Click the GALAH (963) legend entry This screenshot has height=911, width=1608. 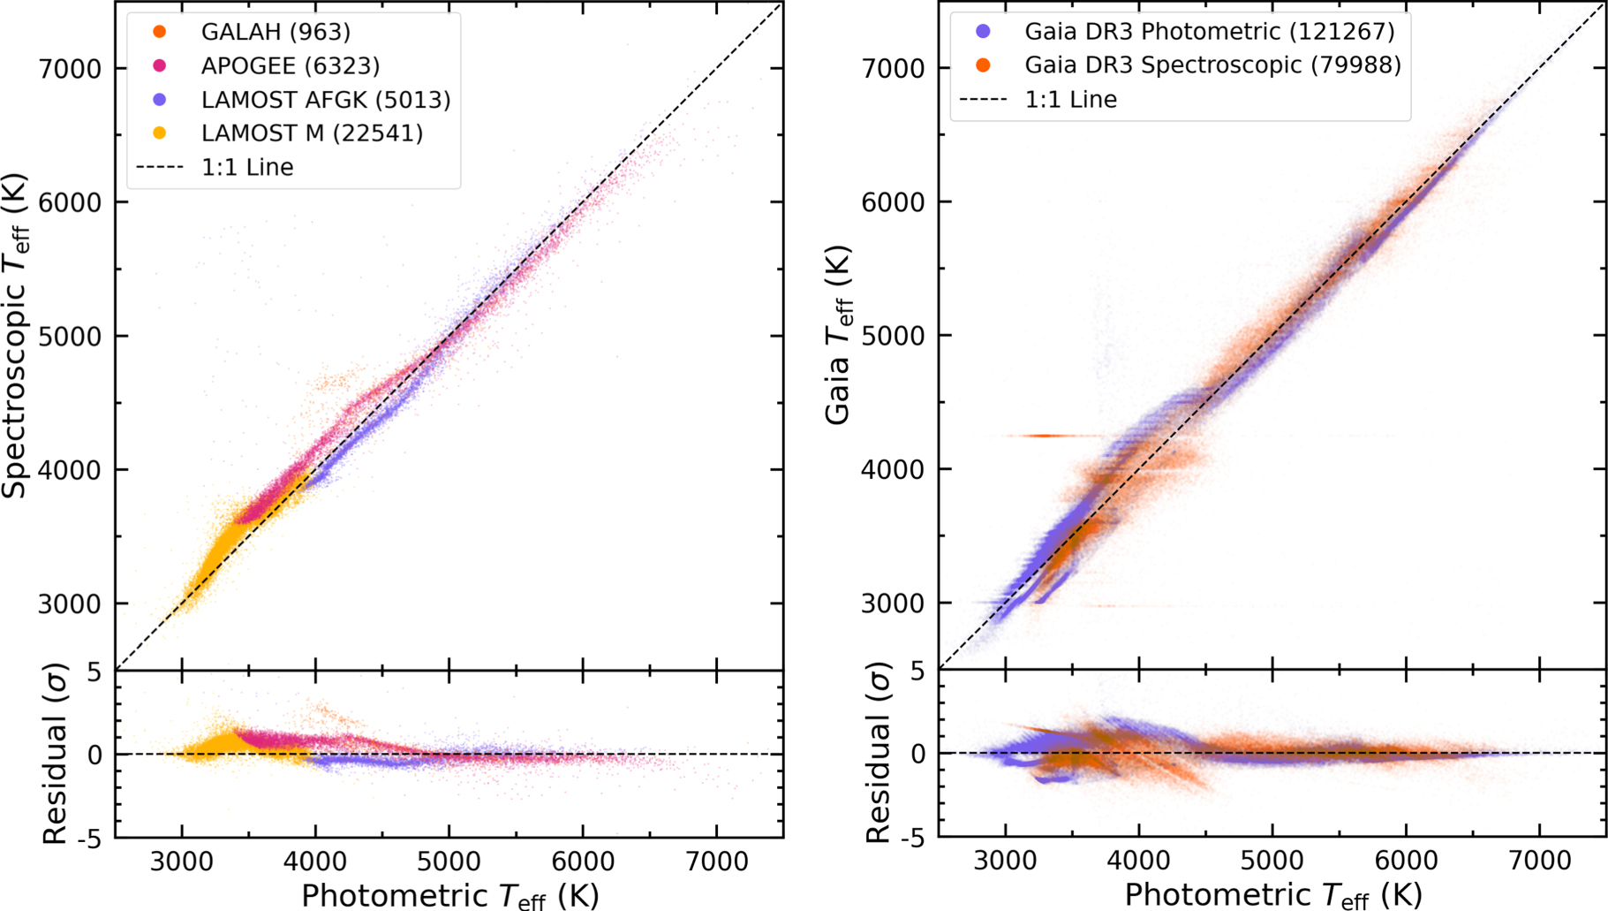coord(275,32)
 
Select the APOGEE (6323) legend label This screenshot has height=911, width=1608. coord(290,65)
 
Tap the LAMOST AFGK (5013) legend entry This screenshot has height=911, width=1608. coord(325,99)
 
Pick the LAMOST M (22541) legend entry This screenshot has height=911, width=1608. coord(311,133)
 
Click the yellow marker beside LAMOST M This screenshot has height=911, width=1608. coord(160,133)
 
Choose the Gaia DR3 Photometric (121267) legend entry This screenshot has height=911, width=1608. coord(1209,32)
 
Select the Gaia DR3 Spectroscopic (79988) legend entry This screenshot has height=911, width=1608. coord(1212,65)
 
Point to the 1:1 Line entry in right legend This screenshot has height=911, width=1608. coord(1070,99)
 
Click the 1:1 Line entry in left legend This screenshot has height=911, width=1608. coord(246,167)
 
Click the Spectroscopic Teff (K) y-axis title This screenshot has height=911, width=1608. coord(16,336)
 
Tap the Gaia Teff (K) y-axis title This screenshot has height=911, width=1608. coord(839,336)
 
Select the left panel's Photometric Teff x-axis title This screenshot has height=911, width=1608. coord(449,895)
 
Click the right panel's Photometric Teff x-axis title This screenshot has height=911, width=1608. coord(1272,895)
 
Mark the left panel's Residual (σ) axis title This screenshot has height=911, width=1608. coord(55,755)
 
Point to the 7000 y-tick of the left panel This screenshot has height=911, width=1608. coord(71,68)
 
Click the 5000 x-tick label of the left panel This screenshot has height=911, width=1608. coord(449,861)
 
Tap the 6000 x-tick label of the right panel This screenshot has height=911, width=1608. coord(1406,861)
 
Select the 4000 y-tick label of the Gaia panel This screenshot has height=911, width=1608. coord(893,469)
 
